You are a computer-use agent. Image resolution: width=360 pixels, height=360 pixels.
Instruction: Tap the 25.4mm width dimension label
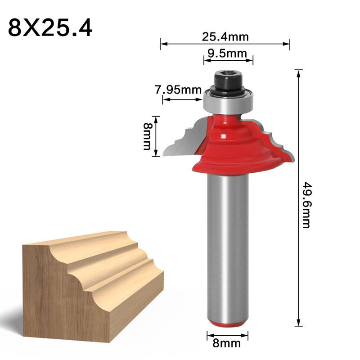[x=225, y=36]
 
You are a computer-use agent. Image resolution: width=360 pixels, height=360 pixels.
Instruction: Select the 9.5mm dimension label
[x=227, y=54]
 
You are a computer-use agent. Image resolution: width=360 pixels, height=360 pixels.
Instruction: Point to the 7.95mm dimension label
[x=178, y=90]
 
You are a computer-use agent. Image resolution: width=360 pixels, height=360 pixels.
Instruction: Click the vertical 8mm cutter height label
[x=147, y=136]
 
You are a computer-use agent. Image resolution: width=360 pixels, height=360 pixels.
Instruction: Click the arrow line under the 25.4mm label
[x=225, y=44]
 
